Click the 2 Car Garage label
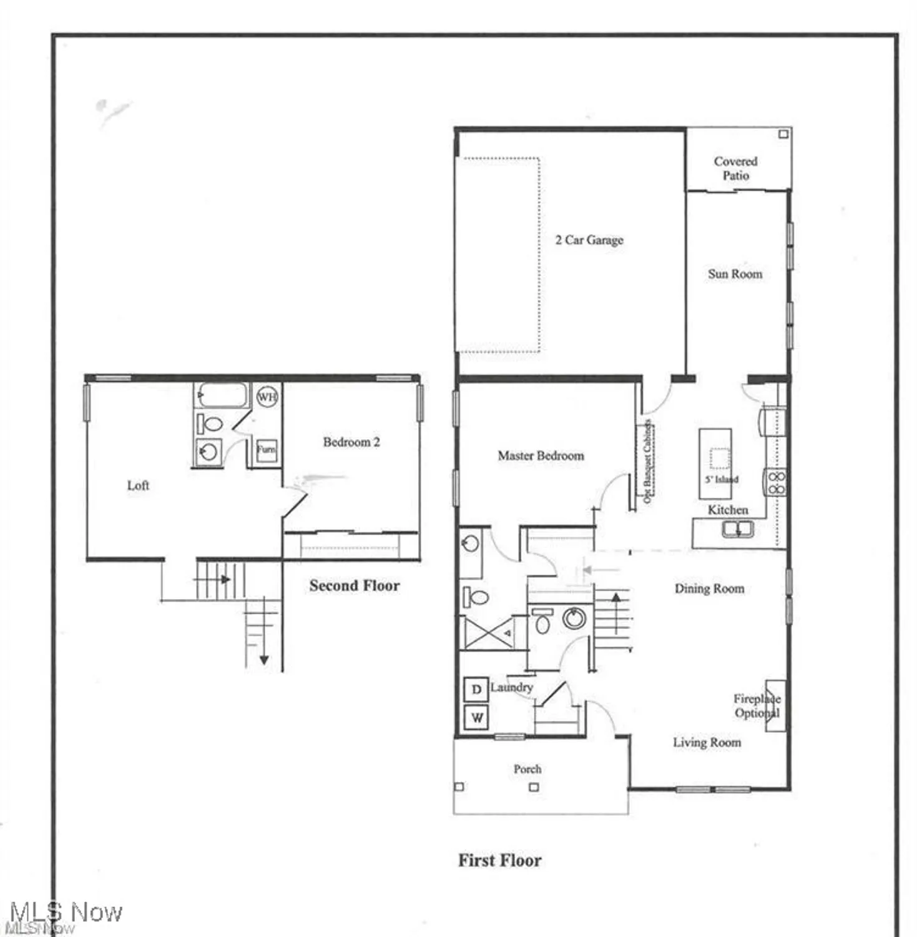[x=589, y=240]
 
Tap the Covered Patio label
[x=735, y=168]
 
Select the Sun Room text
[x=735, y=274]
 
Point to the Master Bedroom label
[x=541, y=455]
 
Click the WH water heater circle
[x=267, y=397]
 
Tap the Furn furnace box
[x=266, y=449]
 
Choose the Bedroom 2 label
[x=351, y=442]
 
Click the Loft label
[x=138, y=485]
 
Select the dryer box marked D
[x=476, y=690]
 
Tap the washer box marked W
[x=477, y=717]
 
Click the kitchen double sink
[x=738, y=529]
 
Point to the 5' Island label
[x=722, y=479]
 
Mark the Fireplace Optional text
[x=757, y=706]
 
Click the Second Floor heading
[x=354, y=585]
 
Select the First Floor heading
[x=499, y=860]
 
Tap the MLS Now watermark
[x=66, y=913]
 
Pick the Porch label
[x=527, y=769]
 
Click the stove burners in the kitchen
[x=776, y=483]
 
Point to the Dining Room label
[x=709, y=588]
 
